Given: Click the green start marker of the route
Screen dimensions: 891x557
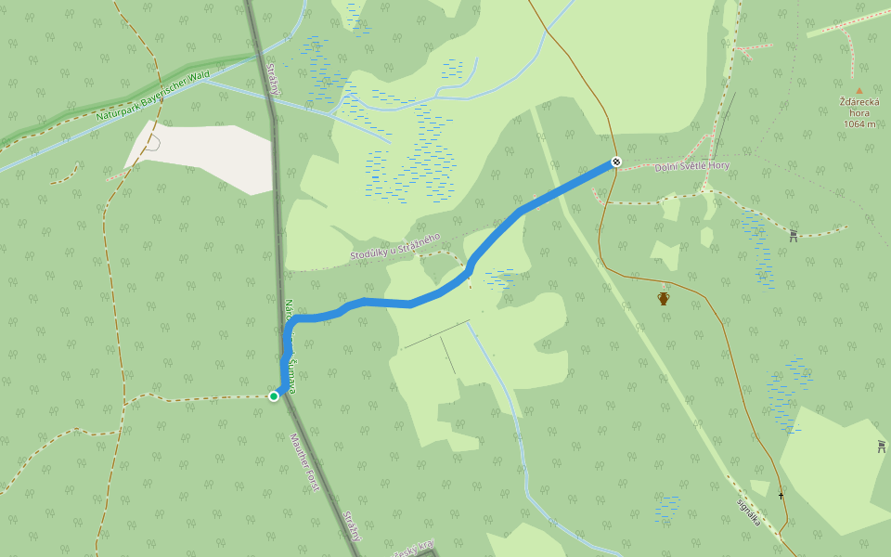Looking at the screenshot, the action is (x=274, y=396).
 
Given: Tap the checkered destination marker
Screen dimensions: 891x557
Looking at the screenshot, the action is (x=615, y=162).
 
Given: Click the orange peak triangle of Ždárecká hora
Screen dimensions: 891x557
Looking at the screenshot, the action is (x=859, y=91).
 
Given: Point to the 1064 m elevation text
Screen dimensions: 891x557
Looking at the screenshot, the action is (x=859, y=123).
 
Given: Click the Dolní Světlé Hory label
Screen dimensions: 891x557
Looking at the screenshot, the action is (x=691, y=166).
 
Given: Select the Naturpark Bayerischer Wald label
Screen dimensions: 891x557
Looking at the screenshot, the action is (x=154, y=96).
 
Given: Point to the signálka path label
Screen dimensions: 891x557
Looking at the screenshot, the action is (x=748, y=513).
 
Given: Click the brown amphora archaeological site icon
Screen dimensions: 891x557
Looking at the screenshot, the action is (x=664, y=298).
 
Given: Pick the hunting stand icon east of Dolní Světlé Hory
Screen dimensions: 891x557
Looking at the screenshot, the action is (x=794, y=236).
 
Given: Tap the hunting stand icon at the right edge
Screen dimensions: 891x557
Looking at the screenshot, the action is (x=881, y=447).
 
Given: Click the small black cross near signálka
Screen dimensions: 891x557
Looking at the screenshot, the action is (x=781, y=495).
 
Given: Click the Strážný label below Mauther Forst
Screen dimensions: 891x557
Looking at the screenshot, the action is (x=350, y=525).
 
